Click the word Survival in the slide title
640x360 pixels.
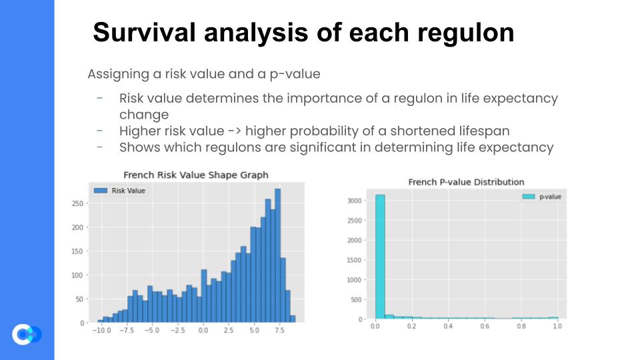click(x=145, y=32)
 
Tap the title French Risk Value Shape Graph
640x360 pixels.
click(x=196, y=175)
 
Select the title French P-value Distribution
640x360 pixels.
click(x=466, y=182)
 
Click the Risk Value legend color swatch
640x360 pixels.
click(x=101, y=191)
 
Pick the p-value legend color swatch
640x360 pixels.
click(x=529, y=197)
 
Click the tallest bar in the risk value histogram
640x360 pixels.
click(x=277, y=255)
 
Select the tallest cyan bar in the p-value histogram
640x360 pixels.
click(x=380, y=257)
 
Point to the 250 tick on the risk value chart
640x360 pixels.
click(x=77, y=204)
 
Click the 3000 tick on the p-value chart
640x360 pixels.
click(x=354, y=201)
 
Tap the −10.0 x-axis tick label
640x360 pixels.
click(x=101, y=330)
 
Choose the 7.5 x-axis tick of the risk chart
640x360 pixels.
click(x=279, y=330)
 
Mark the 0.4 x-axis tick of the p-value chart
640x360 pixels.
click(x=448, y=326)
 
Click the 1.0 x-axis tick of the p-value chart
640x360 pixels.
click(x=557, y=326)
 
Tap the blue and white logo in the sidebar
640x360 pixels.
click(x=27, y=334)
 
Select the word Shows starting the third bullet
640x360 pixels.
click(x=139, y=147)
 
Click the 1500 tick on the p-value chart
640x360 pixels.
click(x=354, y=260)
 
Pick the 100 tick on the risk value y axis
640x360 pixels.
click(x=77, y=275)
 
